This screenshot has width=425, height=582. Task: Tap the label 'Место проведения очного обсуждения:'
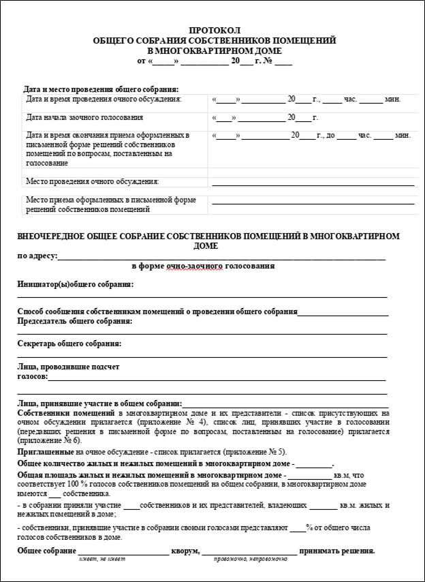coord(92,181)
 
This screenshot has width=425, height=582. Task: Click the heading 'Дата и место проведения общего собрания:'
coord(101,89)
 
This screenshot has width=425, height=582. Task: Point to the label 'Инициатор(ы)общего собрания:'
coord(76,284)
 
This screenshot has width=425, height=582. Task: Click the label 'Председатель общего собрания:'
coord(75,321)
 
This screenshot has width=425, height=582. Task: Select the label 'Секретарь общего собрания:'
coord(69,343)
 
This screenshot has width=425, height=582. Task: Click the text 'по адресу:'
coord(37,256)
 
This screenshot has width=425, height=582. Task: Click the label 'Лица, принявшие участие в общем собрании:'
coord(99,403)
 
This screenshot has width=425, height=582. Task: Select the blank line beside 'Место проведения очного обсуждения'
coord(313,183)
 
